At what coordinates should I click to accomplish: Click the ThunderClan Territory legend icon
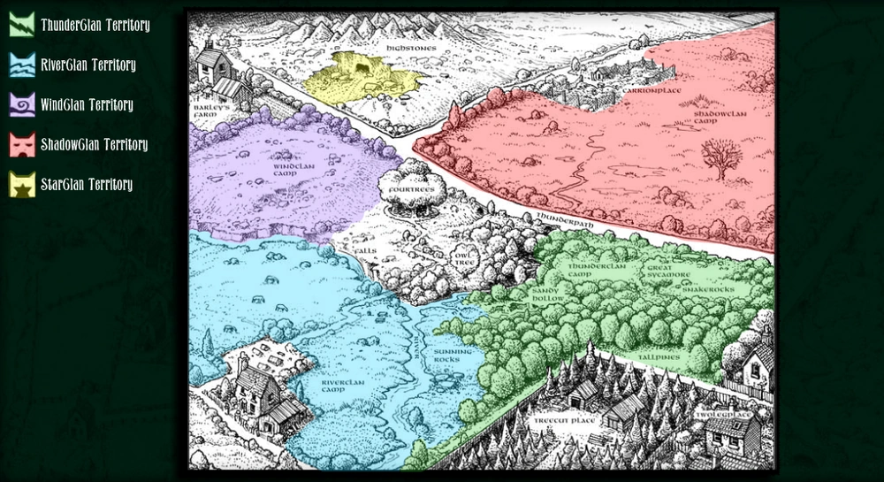coord(22,25)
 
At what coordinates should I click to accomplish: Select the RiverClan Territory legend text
coord(88,65)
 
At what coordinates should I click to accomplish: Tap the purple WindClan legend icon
coord(22,104)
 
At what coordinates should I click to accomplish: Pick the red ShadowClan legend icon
coord(22,144)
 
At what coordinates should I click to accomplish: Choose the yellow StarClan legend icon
coord(22,184)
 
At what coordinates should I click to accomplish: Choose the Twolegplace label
coord(722,413)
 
